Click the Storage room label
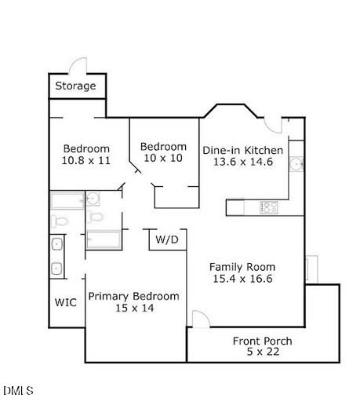(76, 86)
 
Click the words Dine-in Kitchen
(242, 149)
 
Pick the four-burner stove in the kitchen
(269, 208)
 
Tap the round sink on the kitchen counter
(296, 164)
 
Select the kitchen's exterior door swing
(272, 122)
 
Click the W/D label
(166, 239)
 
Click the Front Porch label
(262, 341)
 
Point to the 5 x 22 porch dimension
(262, 352)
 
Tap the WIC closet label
(65, 302)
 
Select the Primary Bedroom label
(133, 296)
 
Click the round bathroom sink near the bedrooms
(93, 198)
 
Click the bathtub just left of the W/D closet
(103, 239)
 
